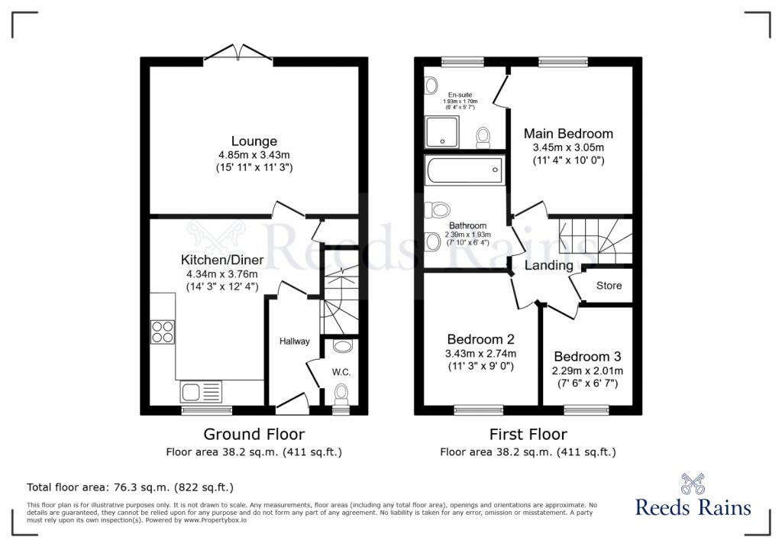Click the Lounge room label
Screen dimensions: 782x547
(254, 141)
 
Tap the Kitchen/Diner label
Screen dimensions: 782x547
(222, 260)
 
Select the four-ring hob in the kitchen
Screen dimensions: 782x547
(163, 332)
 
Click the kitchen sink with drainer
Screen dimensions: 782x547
(200, 392)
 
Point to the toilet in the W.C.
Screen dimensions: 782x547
(341, 393)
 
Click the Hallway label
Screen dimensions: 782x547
(294, 341)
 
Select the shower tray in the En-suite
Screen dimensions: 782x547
(441, 132)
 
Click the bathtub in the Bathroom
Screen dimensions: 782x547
(464, 170)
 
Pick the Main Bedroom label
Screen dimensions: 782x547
(568, 134)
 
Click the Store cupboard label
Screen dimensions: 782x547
(609, 286)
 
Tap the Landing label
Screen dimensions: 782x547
(548, 266)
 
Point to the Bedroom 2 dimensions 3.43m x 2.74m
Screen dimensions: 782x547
(481, 354)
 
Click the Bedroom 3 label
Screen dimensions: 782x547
(587, 357)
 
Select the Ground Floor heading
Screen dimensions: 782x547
(254, 434)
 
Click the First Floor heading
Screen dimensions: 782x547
(528, 434)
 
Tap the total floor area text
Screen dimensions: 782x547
(130, 487)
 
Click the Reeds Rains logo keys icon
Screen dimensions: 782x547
(693, 484)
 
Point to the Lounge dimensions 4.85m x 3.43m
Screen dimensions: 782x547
(254, 155)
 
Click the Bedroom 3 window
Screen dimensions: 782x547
(586, 410)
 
